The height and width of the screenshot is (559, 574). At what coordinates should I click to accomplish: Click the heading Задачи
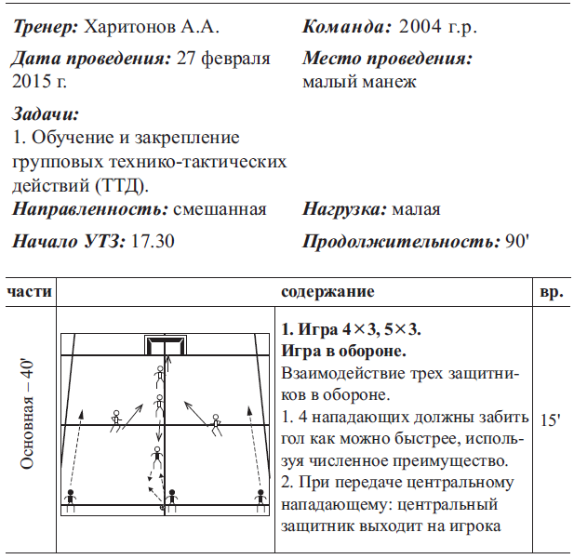tap(47, 114)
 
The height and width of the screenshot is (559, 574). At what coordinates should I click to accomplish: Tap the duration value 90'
tap(515, 242)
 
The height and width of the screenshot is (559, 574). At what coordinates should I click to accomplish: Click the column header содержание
tap(327, 292)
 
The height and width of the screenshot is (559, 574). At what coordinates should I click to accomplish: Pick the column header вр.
tap(551, 292)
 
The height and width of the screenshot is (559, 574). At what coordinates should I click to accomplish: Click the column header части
tap(29, 292)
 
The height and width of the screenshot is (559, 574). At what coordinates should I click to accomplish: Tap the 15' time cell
tap(550, 420)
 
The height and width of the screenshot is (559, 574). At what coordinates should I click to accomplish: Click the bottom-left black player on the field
tap(71, 499)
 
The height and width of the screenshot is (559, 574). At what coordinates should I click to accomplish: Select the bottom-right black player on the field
tap(260, 499)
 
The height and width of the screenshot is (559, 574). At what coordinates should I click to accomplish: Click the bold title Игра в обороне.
tap(342, 352)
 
